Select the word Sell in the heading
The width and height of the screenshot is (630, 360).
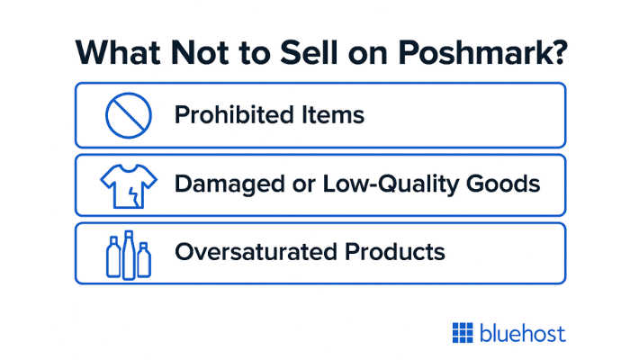click(309, 52)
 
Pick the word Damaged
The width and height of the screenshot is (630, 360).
click(229, 184)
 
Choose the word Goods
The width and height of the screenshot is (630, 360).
click(503, 184)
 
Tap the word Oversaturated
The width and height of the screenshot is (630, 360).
click(256, 252)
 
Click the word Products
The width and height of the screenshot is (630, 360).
click(395, 252)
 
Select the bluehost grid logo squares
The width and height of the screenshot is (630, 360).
click(463, 333)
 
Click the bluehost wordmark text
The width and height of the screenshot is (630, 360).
click(523, 333)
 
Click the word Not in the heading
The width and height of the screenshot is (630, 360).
click(200, 52)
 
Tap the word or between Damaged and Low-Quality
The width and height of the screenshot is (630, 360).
click(304, 186)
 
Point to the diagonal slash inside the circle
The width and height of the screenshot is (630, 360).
click(129, 116)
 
